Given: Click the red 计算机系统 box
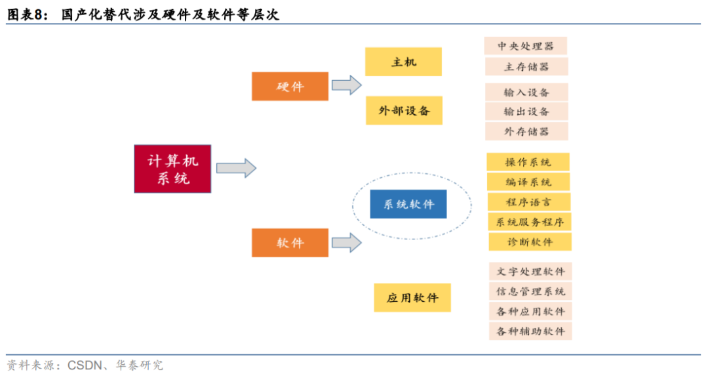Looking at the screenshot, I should coord(172,169).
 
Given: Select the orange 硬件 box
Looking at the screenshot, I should coord(290,86).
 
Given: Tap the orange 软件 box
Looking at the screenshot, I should coord(290,243).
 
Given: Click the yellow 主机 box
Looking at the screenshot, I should coord(403,62).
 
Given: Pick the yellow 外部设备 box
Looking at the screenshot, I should coord(404,110).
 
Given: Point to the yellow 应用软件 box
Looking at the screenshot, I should coord(412,297).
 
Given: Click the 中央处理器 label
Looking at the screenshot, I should coord(526,46).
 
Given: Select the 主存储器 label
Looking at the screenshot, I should coord(526,66).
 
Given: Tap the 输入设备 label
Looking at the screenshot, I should coord(526,92).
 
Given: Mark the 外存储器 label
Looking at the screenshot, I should coord(526,131).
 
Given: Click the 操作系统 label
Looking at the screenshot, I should coord(528,162).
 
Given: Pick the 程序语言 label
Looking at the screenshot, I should coord(528,201).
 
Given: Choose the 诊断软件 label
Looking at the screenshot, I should coord(530,241).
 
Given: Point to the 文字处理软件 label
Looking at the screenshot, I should coord(530,271).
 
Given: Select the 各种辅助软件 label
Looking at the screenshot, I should coord(530,331).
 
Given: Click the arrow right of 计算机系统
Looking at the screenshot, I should coord(236,168).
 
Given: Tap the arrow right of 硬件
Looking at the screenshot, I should coord(346,85).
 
